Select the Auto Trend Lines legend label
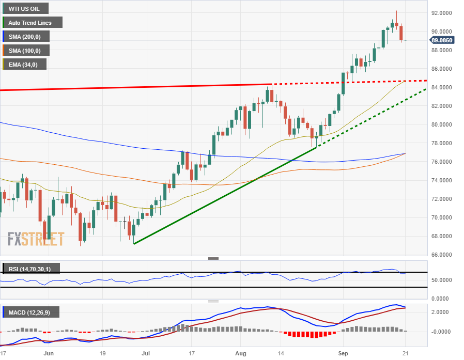tap(33, 22)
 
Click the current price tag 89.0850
tap(442, 40)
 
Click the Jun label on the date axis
tap(49, 354)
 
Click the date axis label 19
tap(103, 354)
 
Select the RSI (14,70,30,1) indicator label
tap(30, 269)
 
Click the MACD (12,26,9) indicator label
tap(30, 312)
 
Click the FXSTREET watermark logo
tap(36, 239)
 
